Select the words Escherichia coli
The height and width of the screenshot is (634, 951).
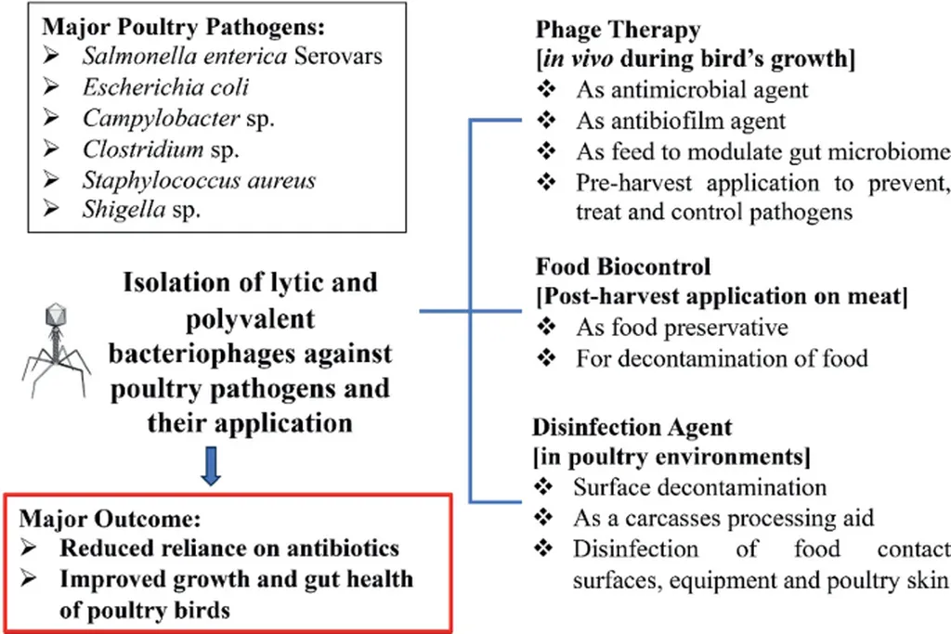pos(166,87)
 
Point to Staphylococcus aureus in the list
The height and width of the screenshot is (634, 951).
pos(199,179)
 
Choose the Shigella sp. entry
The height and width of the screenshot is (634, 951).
pos(142,210)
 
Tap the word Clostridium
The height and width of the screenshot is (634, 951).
pos(142,149)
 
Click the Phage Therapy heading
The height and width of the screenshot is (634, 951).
pos(618,30)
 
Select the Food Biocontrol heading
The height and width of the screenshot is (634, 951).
pos(623,266)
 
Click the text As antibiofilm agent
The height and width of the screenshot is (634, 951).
pos(681,121)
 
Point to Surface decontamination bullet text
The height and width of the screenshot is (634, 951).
pos(699,487)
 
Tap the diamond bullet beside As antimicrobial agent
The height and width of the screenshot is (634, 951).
pos(547,91)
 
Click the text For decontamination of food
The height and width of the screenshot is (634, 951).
pos(722,357)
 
